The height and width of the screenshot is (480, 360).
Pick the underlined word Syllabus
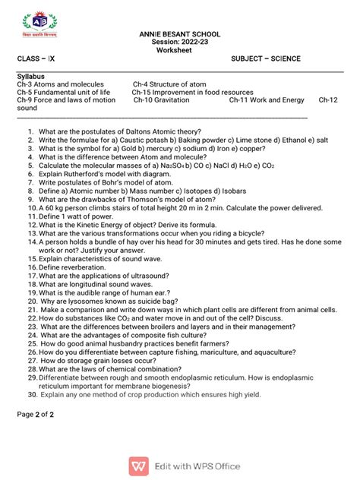coord(31,77)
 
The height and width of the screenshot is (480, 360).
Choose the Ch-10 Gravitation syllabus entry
coord(162,100)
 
